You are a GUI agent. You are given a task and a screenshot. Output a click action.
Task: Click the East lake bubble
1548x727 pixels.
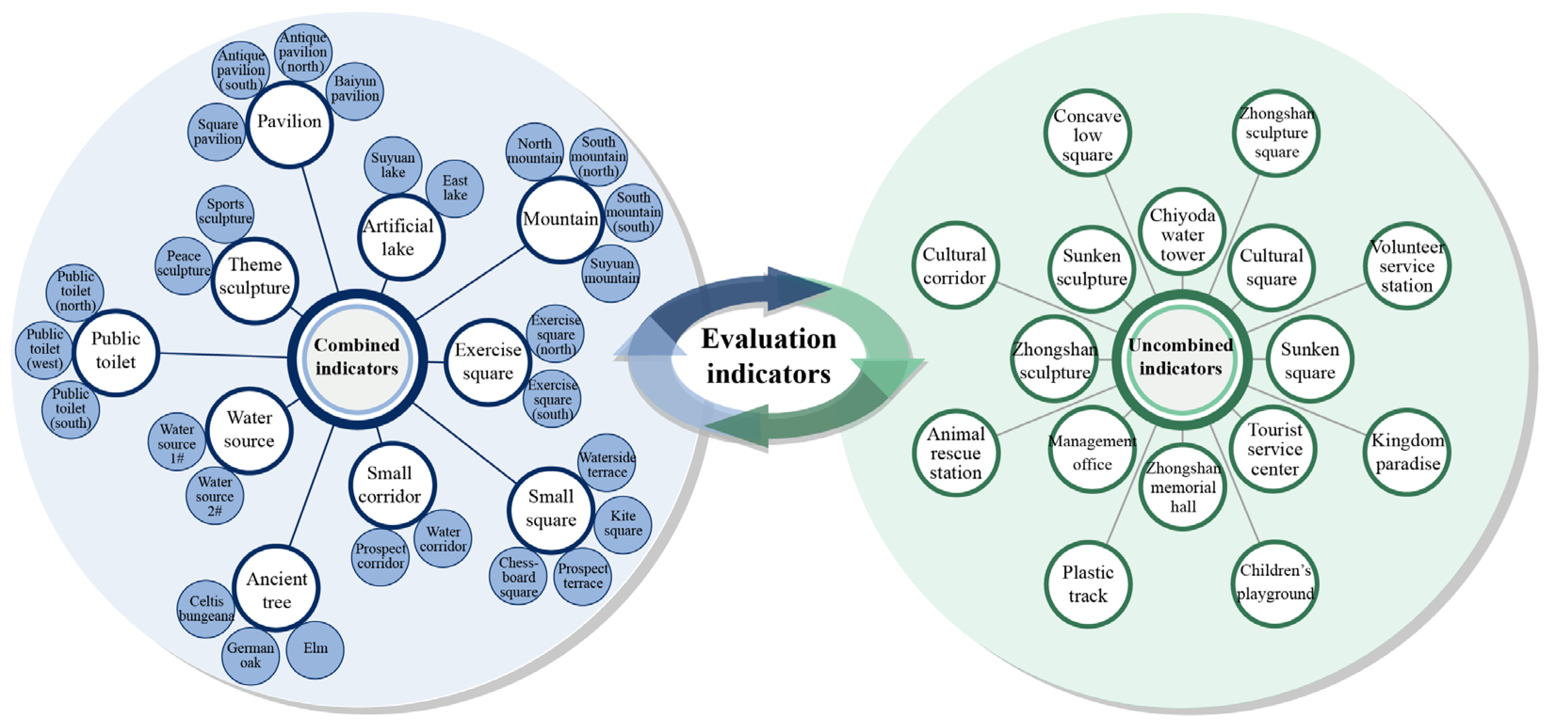(455, 188)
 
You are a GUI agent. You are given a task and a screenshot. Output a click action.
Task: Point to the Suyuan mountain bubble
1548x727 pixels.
(611, 272)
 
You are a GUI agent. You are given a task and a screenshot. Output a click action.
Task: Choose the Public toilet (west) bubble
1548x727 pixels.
(44, 350)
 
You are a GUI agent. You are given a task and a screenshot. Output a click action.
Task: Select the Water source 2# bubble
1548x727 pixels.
(215, 496)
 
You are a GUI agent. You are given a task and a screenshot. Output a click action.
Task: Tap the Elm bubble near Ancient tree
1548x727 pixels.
(316, 649)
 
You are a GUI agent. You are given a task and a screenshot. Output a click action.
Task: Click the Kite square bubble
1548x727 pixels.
(623, 524)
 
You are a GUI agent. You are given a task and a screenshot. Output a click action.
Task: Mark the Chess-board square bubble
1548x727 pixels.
(518, 577)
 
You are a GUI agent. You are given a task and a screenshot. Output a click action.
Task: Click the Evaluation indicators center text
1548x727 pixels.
(768, 357)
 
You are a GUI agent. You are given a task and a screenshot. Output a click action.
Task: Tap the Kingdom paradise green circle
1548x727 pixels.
(1407, 452)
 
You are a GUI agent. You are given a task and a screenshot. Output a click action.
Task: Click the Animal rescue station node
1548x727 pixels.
(956, 453)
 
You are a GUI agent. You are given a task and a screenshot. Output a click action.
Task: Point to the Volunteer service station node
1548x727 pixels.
(1406, 266)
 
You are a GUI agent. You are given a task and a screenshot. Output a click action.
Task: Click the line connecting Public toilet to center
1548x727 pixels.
(222, 355)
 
